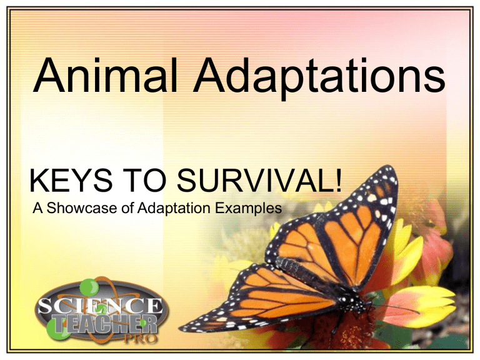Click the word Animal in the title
tap(106, 75)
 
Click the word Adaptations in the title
tap(319, 78)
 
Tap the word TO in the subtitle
tap(145, 181)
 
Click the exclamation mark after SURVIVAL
tap(337, 181)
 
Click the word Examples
tap(248, 209)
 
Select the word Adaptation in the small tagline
tap(174, 209)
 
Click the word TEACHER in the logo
tap(106, 324)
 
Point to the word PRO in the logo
tap(141, 339)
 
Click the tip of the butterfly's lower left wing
tap(181, 329)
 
